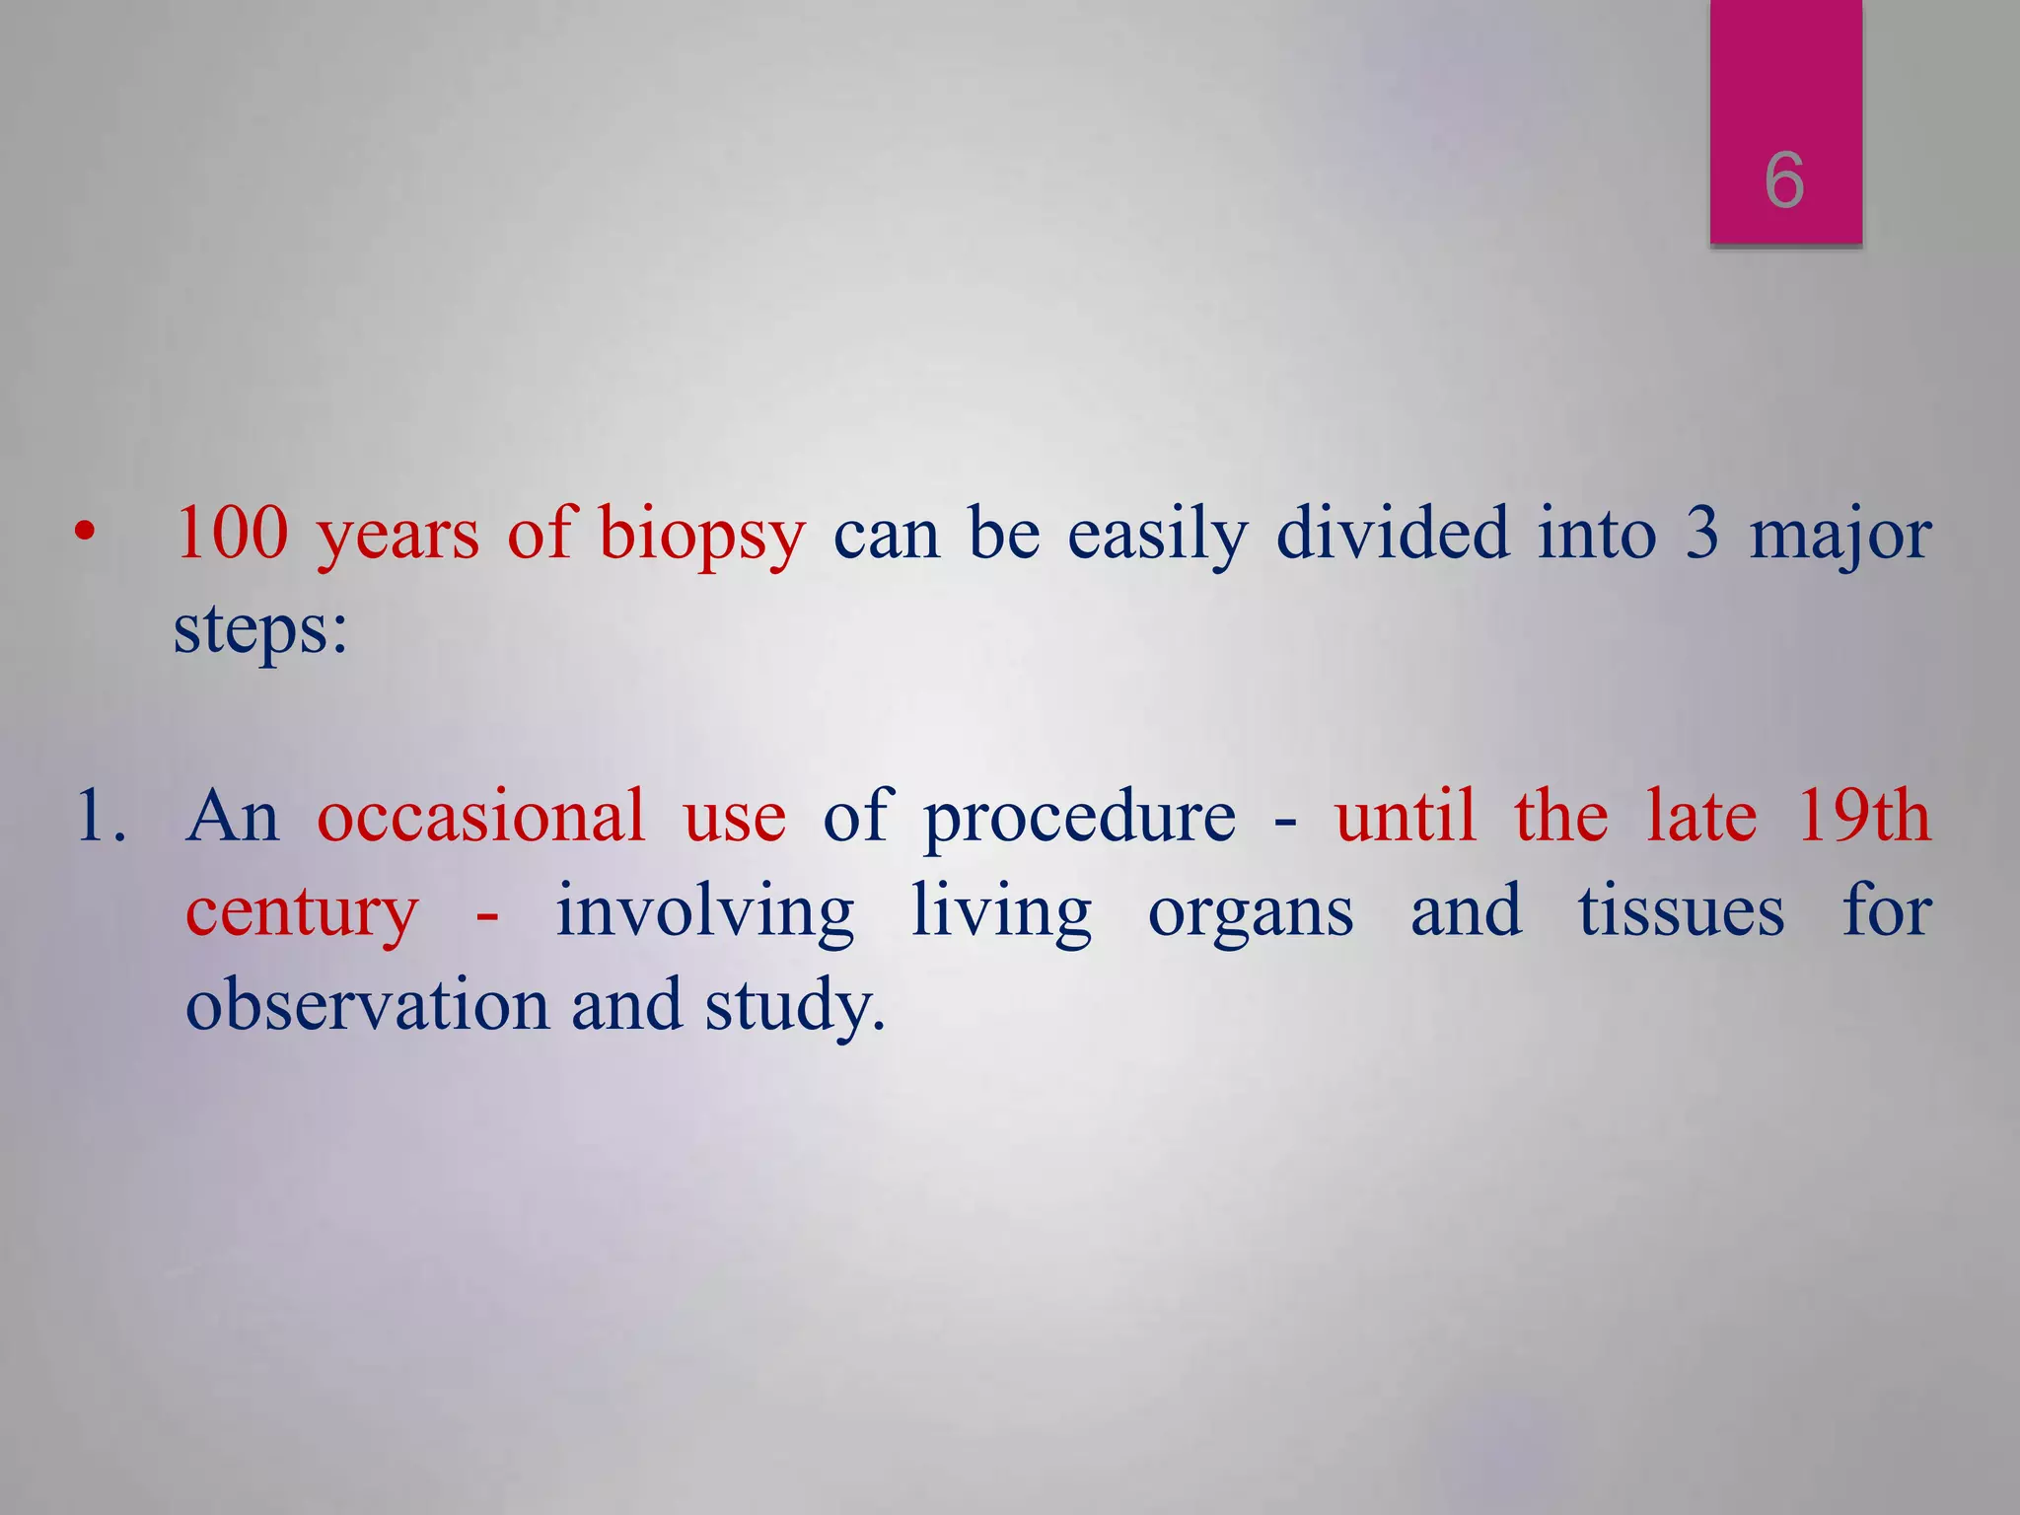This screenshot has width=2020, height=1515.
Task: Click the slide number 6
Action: (x=1784, y=180)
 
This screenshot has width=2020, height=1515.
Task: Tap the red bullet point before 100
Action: (x=86, y=534)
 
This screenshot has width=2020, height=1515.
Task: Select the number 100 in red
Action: (x=233, y=534)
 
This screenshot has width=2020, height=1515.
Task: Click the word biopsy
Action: (x=701, y=538)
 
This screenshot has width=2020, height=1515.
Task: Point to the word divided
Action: (x=1393, y=534)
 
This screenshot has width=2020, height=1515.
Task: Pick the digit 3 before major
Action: (x=1702, y=534)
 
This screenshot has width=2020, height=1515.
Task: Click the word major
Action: (x=1840, y=538)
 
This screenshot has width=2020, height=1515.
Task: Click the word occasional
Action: (x=480, y=818)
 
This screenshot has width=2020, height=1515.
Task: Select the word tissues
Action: (x=1681, y=912)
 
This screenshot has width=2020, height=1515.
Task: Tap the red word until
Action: (x=1407, y=818)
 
